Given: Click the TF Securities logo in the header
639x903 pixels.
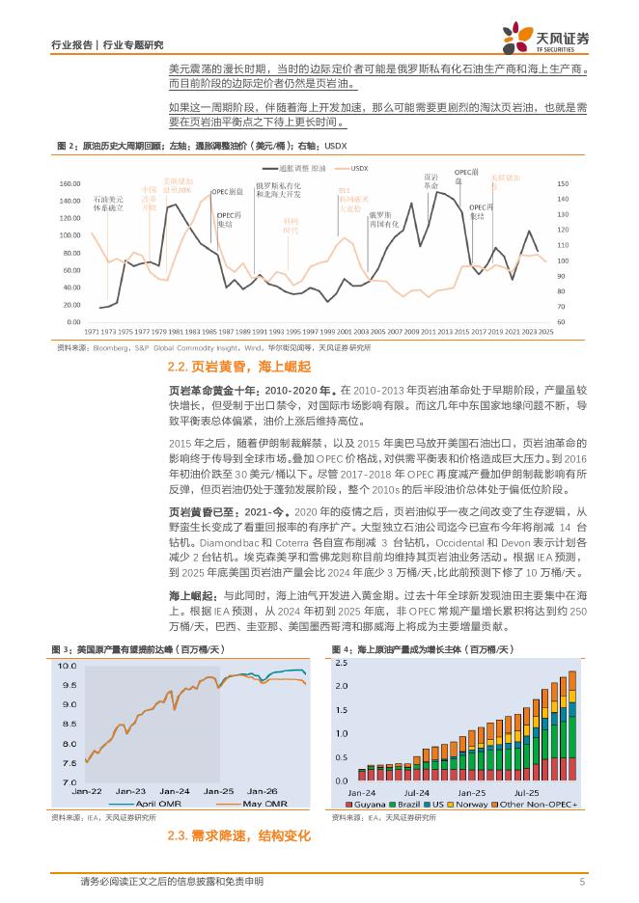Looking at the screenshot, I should tap(545, 39).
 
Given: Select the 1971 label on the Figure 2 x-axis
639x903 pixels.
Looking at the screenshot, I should tap(92, 330).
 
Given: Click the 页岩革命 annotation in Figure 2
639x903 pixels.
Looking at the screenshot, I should tap(431, 180).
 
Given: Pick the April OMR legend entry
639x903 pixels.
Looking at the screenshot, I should tap(144, 802).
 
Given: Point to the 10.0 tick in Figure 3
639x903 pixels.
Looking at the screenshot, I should tap(67, 667).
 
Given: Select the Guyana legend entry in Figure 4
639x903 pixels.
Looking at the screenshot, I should tap(367, 803).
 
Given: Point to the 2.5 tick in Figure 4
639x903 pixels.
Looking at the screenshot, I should tap(342, 661).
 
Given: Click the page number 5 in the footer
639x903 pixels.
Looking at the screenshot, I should tap(582, 881).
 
